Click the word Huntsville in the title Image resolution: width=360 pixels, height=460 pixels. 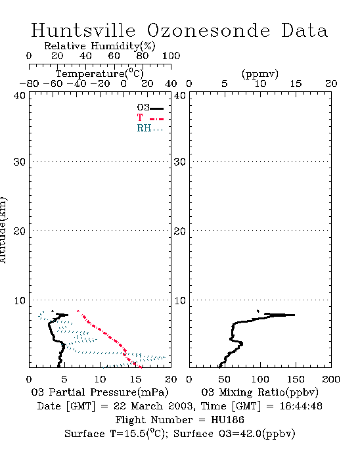[83, 30]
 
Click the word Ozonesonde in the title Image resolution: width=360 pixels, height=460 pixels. [208, 30]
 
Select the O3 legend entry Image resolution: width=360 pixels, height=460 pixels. [150, 108]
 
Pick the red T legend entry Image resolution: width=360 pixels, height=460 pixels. [150, 118]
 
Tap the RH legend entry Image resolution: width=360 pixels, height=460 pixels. [150, 128]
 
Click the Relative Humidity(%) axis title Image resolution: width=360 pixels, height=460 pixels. [100, 46]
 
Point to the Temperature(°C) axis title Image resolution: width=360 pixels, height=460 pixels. [100, 74]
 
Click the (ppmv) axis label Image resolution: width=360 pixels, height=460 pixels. [260, 74]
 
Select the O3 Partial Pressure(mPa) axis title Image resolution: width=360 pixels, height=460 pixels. [100, 392]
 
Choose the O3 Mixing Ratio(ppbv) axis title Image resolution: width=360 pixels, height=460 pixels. [259, 392]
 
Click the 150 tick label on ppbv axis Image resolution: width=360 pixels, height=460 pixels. [296, 379]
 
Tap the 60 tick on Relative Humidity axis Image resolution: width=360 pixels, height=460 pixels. [114, 56]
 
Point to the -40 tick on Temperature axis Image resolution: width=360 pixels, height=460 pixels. [77, 83]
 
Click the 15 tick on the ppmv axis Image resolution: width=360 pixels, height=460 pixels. [296, 83]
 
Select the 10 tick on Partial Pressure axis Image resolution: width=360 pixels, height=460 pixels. [100, 379]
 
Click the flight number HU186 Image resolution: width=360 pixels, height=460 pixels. [227, 420]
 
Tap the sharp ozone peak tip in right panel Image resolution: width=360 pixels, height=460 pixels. [294, 315]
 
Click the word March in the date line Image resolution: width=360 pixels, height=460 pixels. [146, 406]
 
